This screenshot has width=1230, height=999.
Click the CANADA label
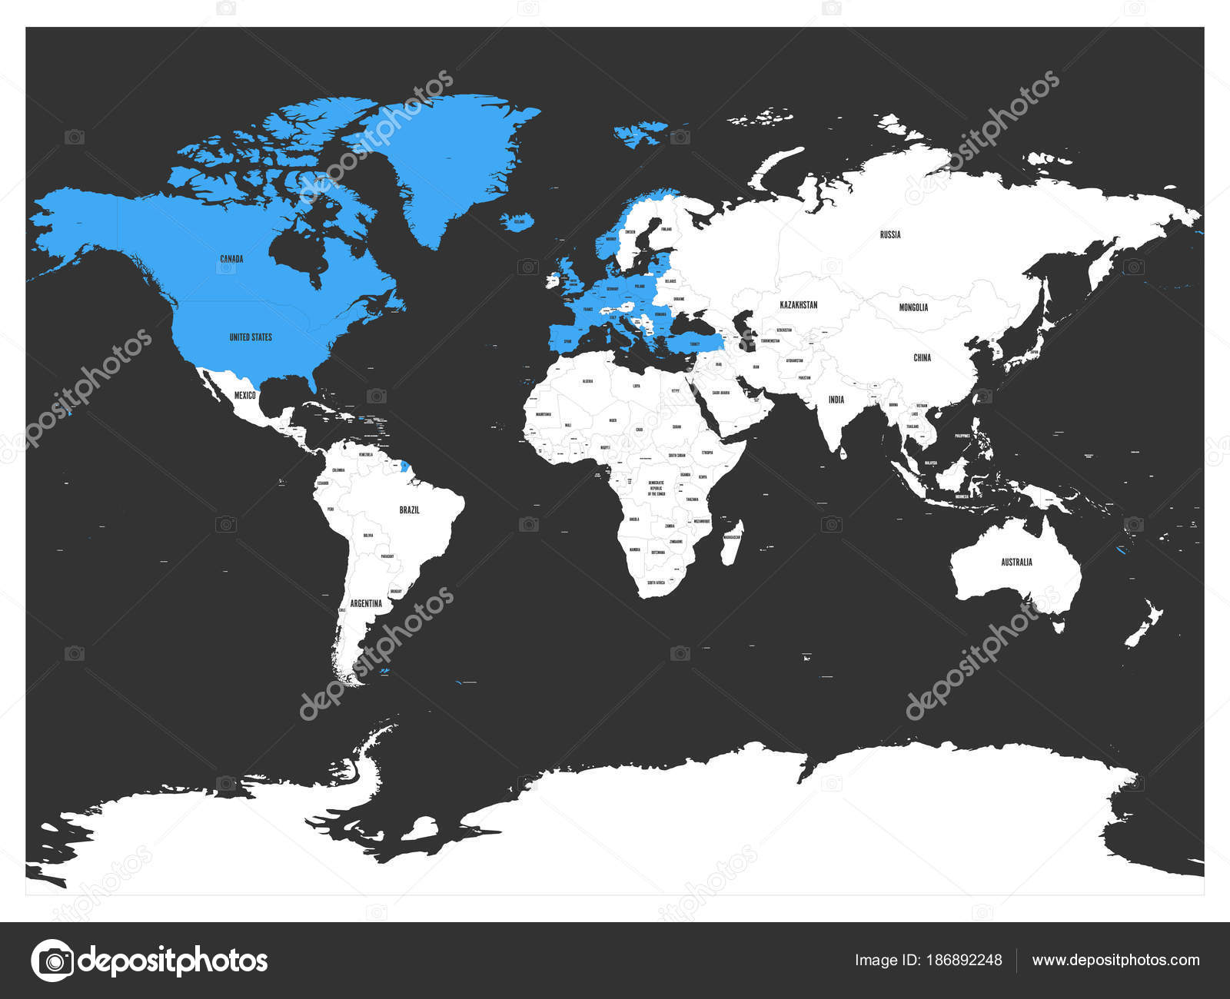pos(231,259)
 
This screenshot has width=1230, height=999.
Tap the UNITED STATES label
pos(251,337)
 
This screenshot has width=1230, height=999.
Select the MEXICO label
pos(244,395)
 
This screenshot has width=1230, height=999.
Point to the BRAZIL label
pos(409,510)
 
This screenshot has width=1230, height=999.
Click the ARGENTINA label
pos(366,603)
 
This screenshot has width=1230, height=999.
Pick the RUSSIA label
pos(890,234)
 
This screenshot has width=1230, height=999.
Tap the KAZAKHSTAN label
pos(798,305)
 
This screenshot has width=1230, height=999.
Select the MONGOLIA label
pos(913,307)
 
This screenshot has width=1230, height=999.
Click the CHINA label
pos(922,357)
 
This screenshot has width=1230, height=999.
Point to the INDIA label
pos(836,400)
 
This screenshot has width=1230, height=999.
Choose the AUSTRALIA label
pos(1016,563)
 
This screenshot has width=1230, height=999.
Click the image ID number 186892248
pos(965,960)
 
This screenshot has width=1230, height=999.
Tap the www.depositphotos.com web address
pos(1115,960)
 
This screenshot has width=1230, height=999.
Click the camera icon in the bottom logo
pos(53,961)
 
